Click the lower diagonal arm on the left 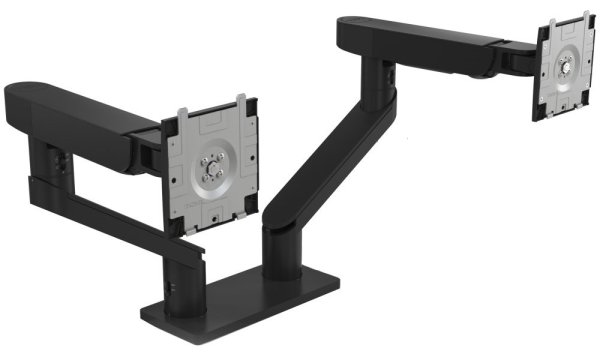110,215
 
